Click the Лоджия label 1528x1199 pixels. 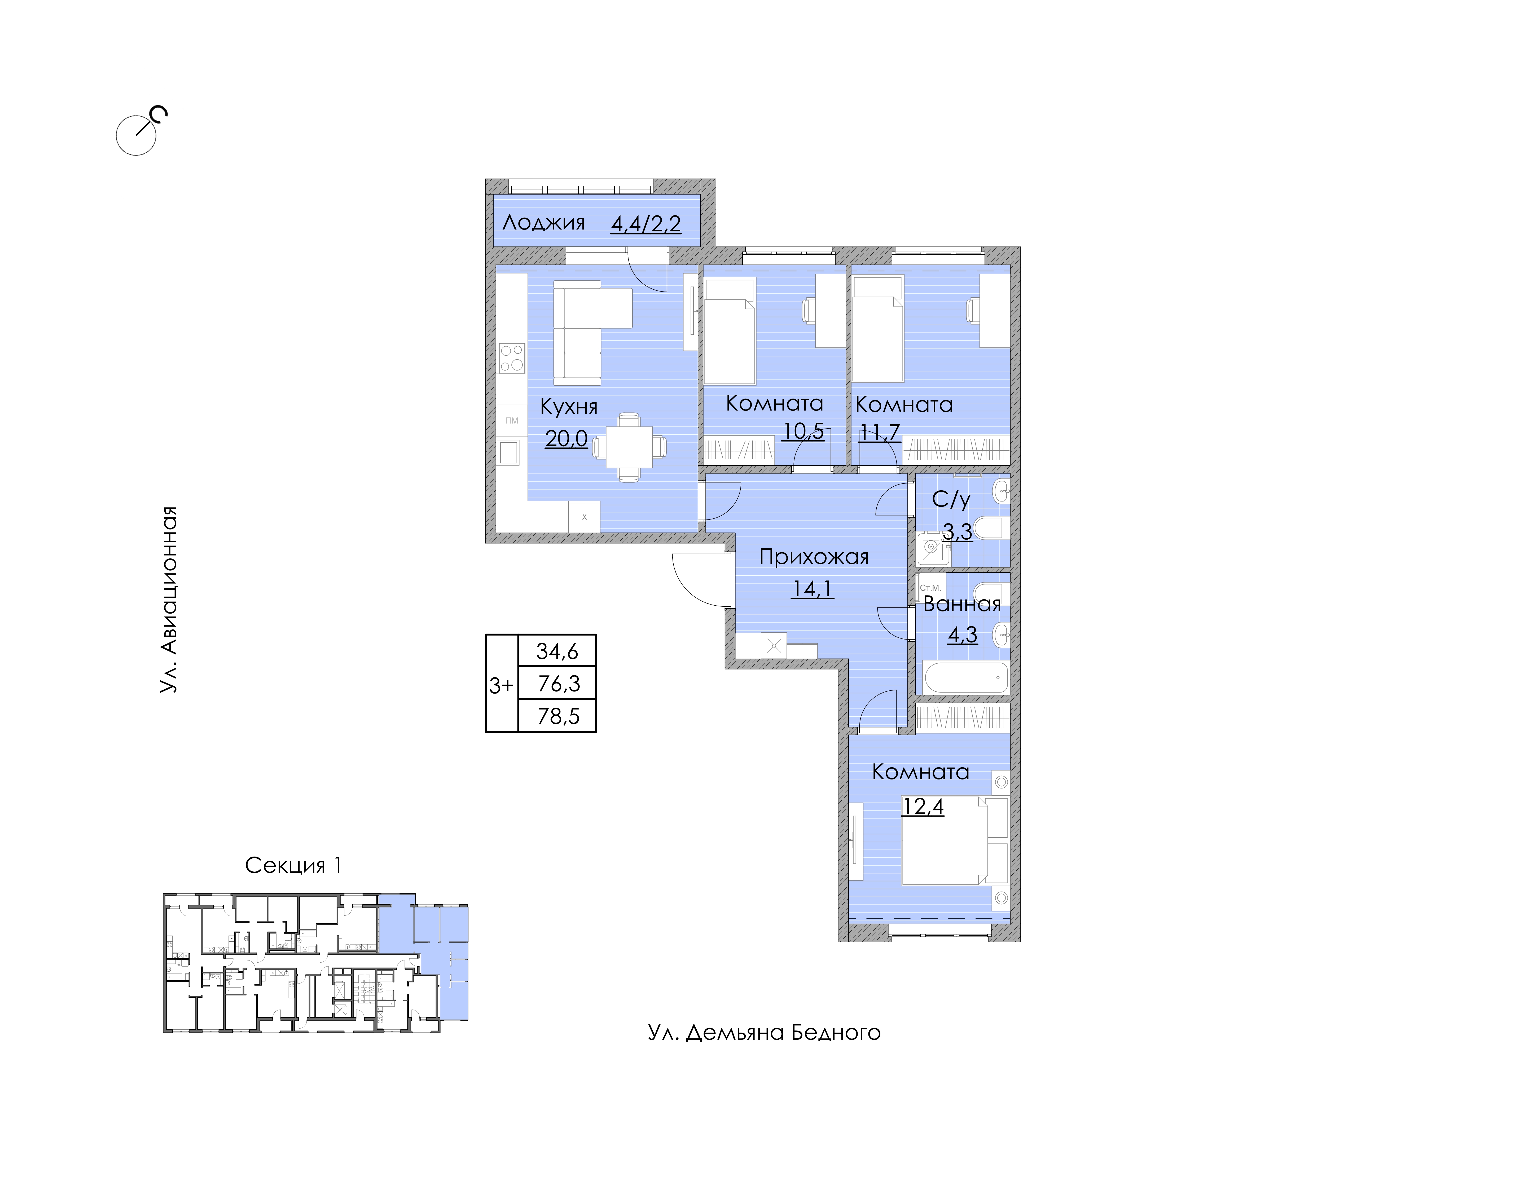pyautogui.click(x=543, y=223)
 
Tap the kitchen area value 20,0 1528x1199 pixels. pyautogui.click(x=566, y=439)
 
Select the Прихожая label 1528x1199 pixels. pyautogui.click(x=814, y=557)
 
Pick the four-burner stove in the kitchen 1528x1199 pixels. pyautogui.click(x=511, y=358)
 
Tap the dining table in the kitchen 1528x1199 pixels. pyautogui.click(x=629, y=447)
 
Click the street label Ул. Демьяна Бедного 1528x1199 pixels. pyautogui.click(x=764, y=1033)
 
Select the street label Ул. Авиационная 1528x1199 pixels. pyautogui.click(x=169, y=599)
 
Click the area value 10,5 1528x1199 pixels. pyautogui.click(x=803, y=431)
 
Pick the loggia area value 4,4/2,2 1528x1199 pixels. pyautogui.click(x=646, y=224)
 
